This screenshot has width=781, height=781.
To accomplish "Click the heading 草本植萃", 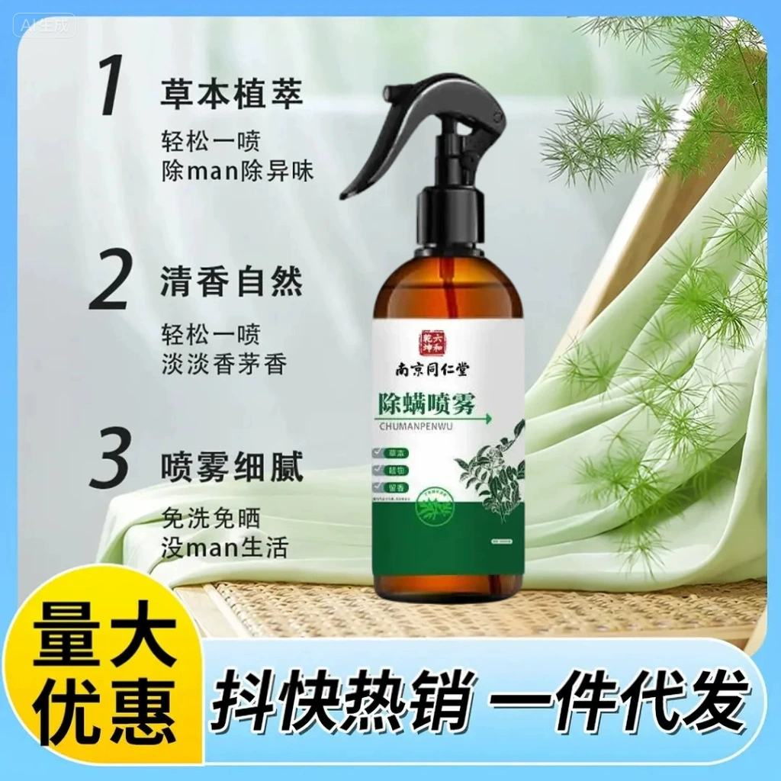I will [232, 95].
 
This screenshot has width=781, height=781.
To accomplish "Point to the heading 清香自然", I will [232, 281].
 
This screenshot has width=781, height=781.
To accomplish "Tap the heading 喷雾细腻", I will [232, 468].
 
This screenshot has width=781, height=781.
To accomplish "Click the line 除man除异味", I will [237, 171].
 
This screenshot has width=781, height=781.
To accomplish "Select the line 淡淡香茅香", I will [224, 364].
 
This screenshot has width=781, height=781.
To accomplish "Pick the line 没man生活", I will [225, 547].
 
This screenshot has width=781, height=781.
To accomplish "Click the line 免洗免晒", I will [211, 519].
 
